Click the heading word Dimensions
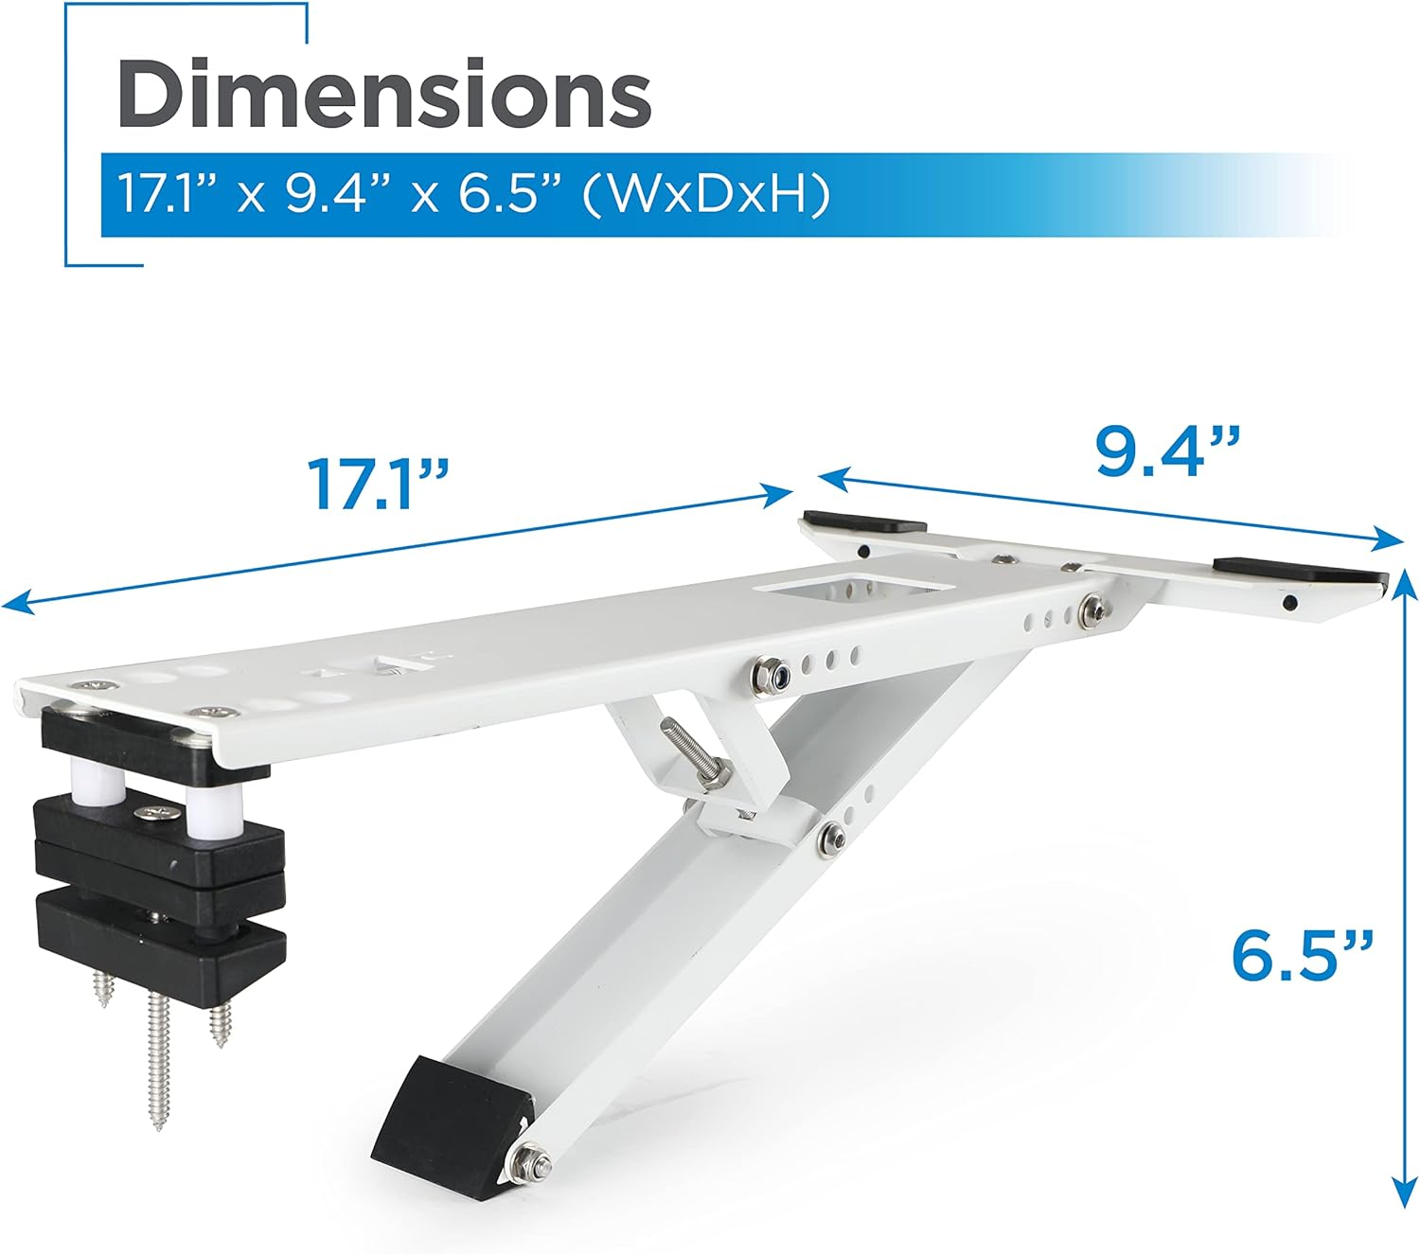click(383, 94)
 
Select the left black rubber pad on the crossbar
click(864, 522)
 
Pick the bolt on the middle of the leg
click(832, 835)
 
